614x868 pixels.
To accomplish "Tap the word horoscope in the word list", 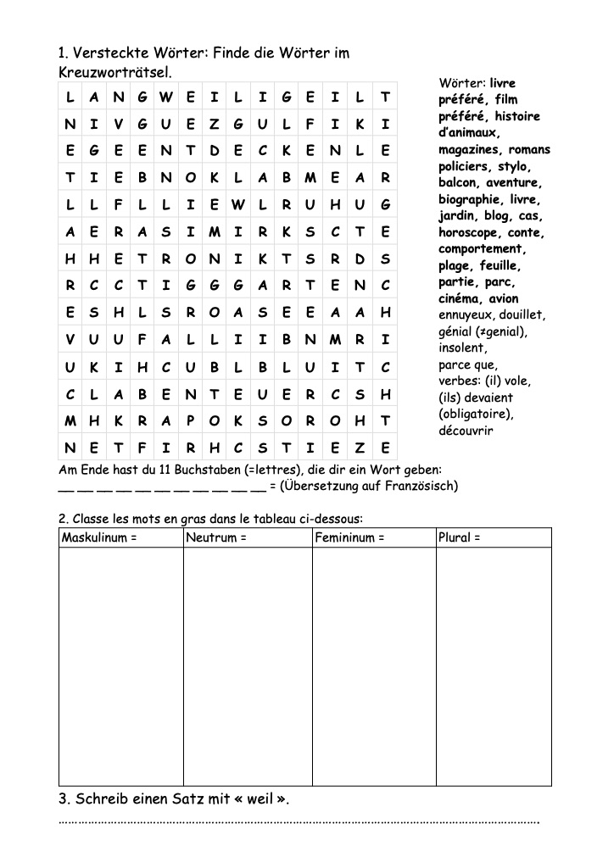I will tap(469, 232).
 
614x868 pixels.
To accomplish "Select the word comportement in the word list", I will tap(482, 249).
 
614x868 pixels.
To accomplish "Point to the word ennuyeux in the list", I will tap(466, 315).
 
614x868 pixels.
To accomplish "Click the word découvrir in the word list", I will tap(466, 431).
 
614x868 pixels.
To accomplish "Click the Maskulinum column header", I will tap(98, 537).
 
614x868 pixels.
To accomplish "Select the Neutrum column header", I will tap(216, 537).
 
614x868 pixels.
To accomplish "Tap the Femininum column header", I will tap(349, 537).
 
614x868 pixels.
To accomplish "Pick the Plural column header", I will tap(460, 537).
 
